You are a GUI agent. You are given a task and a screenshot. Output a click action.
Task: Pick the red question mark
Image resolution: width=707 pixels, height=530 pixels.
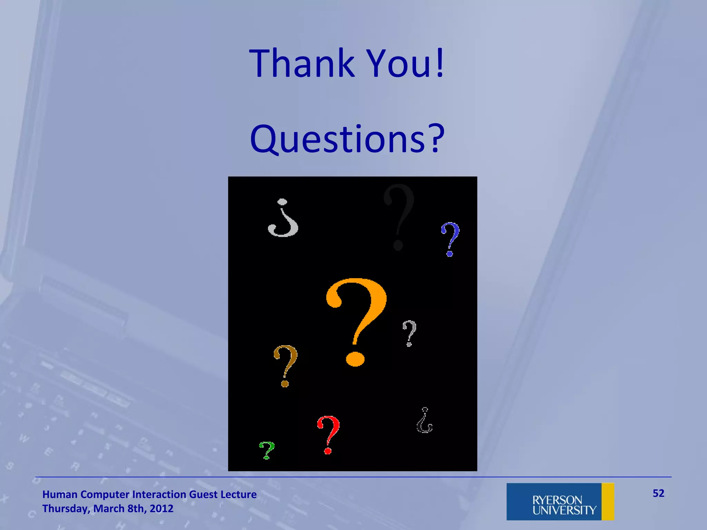[x=329, y=434]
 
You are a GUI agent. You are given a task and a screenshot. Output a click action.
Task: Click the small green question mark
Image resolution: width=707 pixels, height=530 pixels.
[x=267, y=450]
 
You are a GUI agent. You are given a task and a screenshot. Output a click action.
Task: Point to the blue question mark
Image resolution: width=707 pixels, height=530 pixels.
[x=451, y=238]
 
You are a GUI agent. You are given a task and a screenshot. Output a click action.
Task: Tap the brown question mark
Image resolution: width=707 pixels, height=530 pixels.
[x=285, y=364]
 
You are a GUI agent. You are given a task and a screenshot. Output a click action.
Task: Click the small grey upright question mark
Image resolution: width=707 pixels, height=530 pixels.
[x=409, y=332]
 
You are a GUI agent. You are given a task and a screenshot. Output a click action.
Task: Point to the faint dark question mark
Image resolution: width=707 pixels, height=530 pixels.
[x=399, y=216]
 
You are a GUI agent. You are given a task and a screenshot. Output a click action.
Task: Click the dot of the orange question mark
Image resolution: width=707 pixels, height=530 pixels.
[x=355, y=359]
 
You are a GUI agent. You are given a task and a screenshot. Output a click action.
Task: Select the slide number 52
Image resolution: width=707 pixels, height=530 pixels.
[x=658, y=493]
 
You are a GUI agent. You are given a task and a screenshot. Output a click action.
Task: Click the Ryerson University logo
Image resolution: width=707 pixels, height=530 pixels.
[x=560, y=501]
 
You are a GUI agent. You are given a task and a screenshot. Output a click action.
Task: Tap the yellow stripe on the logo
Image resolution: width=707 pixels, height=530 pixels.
[x=608, y=501]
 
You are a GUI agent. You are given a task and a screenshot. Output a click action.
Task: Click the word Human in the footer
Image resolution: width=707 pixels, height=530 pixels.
[x=60, y=494]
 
